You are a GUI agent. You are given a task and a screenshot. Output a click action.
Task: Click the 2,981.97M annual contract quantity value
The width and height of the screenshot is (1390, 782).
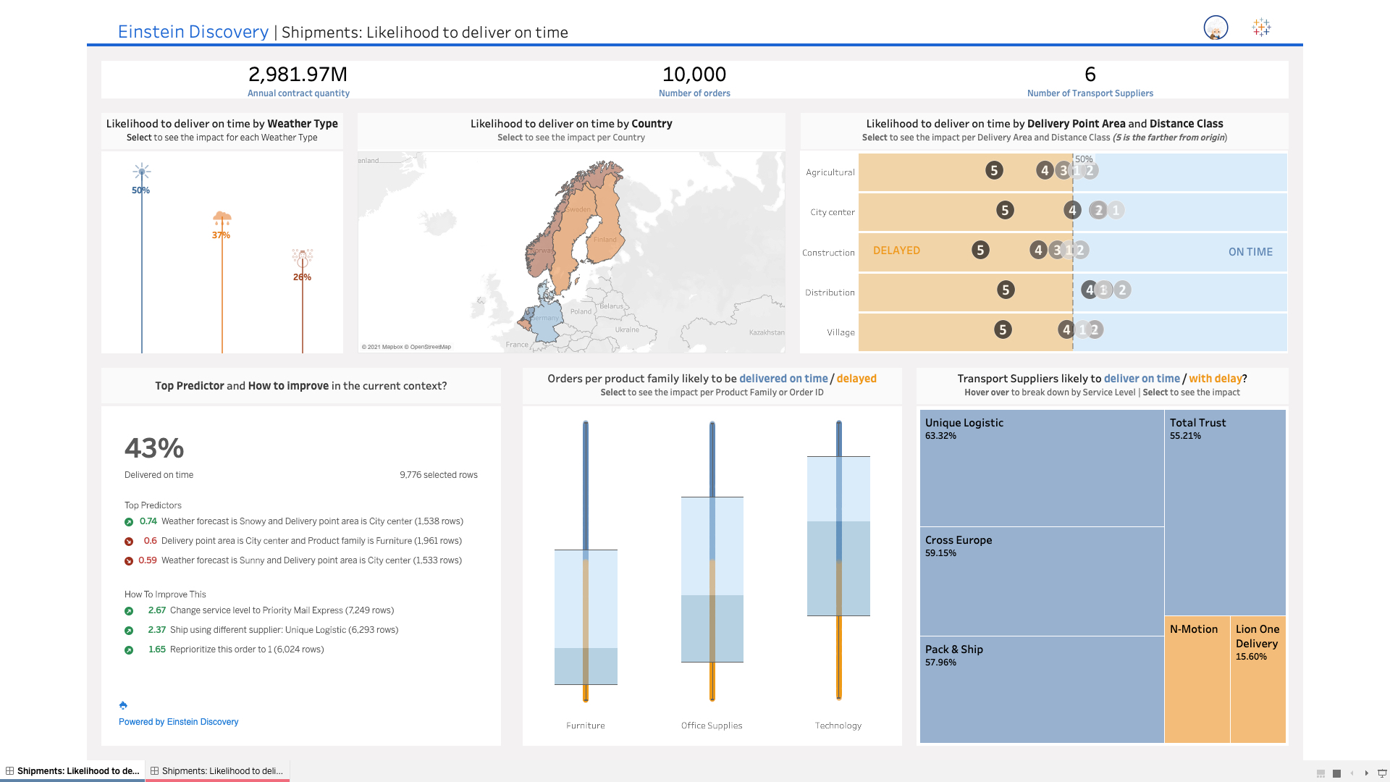(298, 74)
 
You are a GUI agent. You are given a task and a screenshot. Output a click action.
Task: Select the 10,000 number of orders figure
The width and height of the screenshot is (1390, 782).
(694, 74)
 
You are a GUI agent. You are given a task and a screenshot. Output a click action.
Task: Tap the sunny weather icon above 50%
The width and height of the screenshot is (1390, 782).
(141, 172)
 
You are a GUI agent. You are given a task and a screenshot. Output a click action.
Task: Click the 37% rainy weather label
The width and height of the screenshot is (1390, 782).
(221, 235)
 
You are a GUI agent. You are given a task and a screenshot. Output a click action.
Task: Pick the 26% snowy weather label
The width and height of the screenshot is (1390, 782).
(302, 277)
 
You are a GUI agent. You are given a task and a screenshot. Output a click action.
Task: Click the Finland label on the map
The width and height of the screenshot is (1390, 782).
(605, 240)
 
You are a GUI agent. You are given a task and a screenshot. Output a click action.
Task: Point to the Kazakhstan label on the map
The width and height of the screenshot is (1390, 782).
(766, 332)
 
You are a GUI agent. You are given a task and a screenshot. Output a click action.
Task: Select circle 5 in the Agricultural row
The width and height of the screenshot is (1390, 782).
(994, 170)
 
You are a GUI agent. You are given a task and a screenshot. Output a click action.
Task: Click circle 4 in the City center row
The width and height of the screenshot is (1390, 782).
(1072, 210)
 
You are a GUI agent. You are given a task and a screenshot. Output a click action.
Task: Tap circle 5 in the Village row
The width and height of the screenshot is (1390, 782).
(1003, 329)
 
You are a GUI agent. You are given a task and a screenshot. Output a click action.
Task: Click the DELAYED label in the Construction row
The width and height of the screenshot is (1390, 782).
(896, 251)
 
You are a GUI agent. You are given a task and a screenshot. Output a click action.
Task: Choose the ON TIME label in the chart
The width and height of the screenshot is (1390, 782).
(1250, 252)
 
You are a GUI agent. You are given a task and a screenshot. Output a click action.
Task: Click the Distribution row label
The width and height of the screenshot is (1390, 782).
(830, 293)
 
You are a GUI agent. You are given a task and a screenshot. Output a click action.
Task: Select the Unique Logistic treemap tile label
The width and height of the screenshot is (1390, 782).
(964, 423)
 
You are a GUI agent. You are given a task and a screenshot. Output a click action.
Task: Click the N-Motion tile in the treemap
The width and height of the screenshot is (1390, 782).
(1194, 629)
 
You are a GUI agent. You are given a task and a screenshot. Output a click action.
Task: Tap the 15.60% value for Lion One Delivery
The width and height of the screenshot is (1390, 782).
(1251, 657)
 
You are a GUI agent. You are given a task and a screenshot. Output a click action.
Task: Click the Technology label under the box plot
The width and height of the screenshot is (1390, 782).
(838, 726)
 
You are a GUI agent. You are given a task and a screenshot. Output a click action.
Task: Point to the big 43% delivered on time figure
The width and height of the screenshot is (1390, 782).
(154, 448)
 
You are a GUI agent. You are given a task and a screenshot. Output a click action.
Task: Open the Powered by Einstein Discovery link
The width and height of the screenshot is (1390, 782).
(178, 722)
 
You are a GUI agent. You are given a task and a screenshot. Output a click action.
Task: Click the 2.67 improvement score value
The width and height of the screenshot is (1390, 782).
(156, 610)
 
